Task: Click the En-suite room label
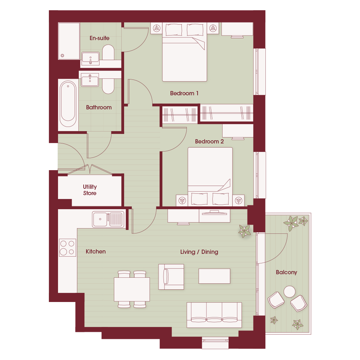[x=99, y=38]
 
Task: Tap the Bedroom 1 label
[x=184, y=93]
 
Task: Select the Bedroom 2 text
[x=209, y=141]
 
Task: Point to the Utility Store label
[x=90, y=190]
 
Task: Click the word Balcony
[x=286, y=272]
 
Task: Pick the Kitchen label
[x=96, y=252]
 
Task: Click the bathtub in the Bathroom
[x=68, y=104]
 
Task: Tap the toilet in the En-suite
[x=108, y=53]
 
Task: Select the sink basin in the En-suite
[x=90, y=58]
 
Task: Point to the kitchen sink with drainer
[x=108, y=219]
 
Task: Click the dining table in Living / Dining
[x=132, y=289]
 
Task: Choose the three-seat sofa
[x=214, y=315]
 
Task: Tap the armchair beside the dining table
[x=171, y=277]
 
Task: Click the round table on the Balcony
[x=290, y=291]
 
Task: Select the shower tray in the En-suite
[x=69, y=41]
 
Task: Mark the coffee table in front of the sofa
[x=214, y=276]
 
